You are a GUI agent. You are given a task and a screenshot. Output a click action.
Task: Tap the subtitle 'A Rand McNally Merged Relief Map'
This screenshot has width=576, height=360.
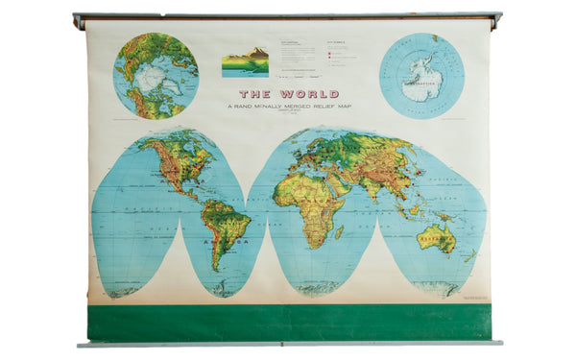point(287,106)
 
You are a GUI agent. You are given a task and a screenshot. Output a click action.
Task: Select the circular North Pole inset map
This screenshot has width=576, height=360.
point(156,75)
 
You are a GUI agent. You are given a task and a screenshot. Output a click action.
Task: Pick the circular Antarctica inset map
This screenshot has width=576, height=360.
point(421,75)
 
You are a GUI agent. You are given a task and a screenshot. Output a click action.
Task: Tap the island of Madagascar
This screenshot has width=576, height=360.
point(339,231)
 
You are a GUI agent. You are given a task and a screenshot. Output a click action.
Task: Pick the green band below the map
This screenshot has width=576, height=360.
point(288,323)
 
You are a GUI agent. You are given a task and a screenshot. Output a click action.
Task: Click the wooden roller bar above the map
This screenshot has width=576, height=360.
point(288,17)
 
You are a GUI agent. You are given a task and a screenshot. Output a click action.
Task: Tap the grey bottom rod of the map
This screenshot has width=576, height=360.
point(288,343)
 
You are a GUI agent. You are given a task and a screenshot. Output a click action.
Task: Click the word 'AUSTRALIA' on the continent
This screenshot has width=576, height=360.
point(437,234)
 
